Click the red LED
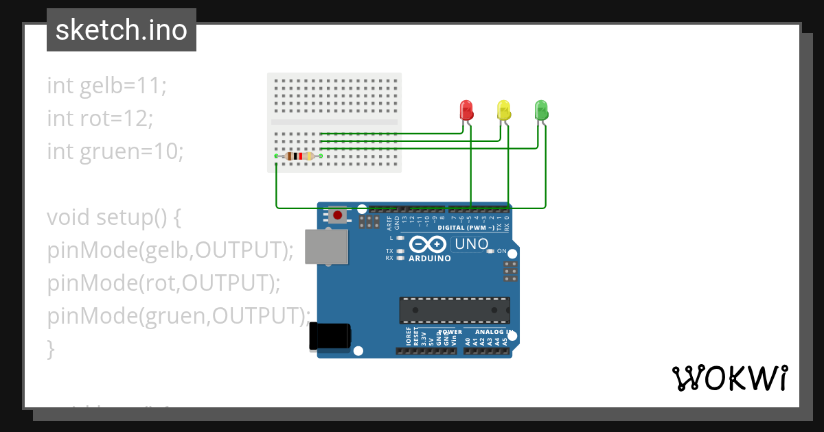coord(466,110)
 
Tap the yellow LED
coord(504,110)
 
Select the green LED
coord(541,110)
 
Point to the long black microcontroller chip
coord(455,310)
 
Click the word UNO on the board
coord(472,244)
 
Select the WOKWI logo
coord(729,378)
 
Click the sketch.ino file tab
coord(122,30)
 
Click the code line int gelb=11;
coord(107,86)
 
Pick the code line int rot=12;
coord(100,119)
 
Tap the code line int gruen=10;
coord(115,151)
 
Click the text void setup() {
coord(114,217)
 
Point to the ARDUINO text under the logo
coord(430,259)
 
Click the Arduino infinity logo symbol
coord(429,244)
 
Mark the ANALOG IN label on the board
coord(490,332)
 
